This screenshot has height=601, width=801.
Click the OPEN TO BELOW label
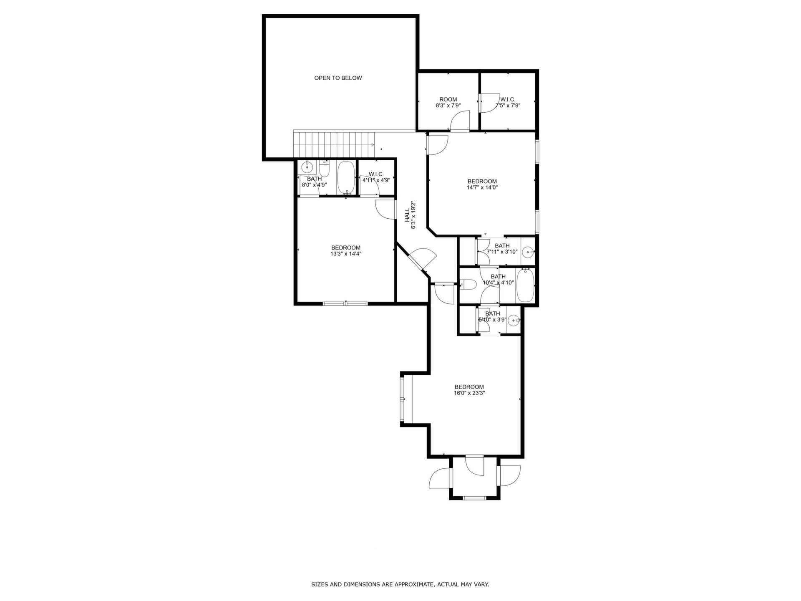pyautogui.click(x=338, y=78)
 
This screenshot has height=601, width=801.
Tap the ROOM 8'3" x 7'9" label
pyautogui.click(x=448, y=102)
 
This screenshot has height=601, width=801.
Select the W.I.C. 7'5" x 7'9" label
pyautogui.click(x=508, y=102)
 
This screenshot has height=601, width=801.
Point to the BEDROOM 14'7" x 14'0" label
pyautogui.click(x=482, y=184)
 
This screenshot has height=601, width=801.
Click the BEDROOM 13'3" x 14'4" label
pyautogui.click(x=345, y=250)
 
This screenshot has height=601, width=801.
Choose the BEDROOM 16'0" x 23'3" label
pyautogui.click(x=469, y=390)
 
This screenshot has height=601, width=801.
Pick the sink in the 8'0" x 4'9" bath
pyautogui.click(x=307, y=167)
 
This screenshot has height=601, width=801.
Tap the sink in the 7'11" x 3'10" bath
pyautogui.click(x=528, y=252)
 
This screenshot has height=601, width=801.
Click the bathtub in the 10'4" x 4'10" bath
pyautogui.click(x=525, y=286)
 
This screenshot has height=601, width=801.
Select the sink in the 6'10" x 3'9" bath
pyautogui.click(x=514, y=321)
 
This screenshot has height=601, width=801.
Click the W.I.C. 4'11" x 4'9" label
pyautogui.click(x=376, y=177)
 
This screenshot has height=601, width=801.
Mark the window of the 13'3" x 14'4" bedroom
pyautogui.click(x=345, y=303)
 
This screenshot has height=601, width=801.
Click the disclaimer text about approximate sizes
pyautogui.click(x=400, y=585)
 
